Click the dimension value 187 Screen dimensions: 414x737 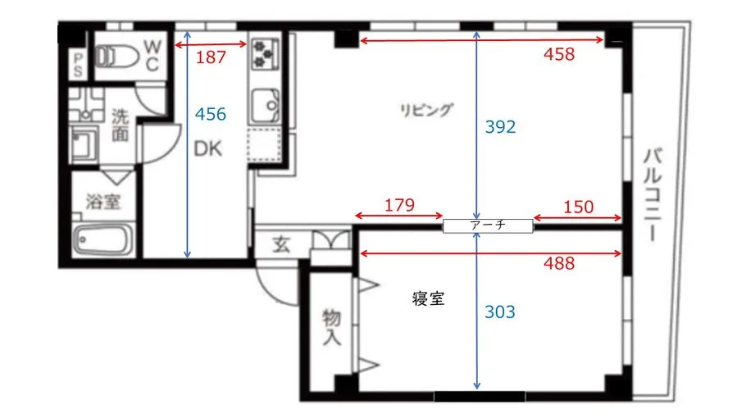pyautogui.click(x=212, y=58)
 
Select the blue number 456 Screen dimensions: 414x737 pyautogui.click(x=211, y=114)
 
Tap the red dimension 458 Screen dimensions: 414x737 pyautogui.click(x=559, y=55)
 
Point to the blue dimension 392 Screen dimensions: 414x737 pyautogui.click(x=500, y=127)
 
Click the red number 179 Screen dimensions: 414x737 pyautogui.click(x=399, y=205)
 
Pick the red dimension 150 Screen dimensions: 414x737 pyautogui.click(x=578, y=207)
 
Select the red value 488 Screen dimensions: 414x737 pyautogui.click(x=559, y=264)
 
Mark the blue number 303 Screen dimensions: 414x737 pyautogui.click(x=500, y=312)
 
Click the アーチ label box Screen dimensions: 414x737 pyautogui.click(x=488, y=224)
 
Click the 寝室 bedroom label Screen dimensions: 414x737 pyautogui.click(x=428, y=299)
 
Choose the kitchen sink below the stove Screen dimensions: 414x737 pyautogui.click(x=264, y=105)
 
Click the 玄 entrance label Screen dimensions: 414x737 pyautogui.click(x=280, y=244)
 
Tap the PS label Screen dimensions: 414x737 pyautogui.click(x=78, y=64)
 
